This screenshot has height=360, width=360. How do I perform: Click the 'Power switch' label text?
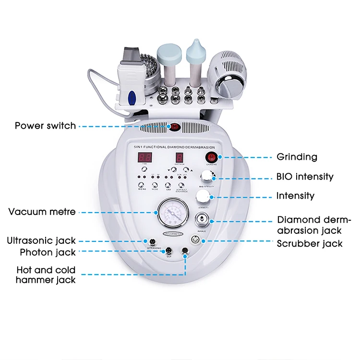[x=45, y=126]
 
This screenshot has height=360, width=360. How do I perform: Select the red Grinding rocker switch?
[x=212, y=157]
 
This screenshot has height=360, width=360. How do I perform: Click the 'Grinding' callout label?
[x=297, y=156]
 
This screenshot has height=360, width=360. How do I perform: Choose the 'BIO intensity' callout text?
[x=305, y=177]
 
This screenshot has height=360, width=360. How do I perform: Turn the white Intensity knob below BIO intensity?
[x=203, y=196]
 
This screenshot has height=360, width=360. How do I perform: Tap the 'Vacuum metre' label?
[x=42, y=211]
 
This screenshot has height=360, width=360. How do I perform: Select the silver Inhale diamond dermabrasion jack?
[x=202, y=219]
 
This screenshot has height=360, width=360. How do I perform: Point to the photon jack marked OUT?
[x=168, y=251]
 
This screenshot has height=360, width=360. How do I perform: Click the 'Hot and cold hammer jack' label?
[x=46, y=275]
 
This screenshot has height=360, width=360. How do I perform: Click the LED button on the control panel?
[x=168, y=185]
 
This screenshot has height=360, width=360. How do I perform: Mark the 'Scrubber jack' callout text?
[x=310, y=243]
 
